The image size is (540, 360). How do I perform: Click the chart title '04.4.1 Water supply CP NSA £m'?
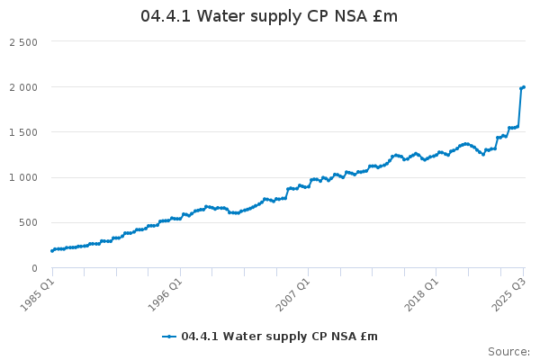pyautogui.click(x=269, y=17)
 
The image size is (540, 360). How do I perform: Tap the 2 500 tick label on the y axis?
pyautogui.click(x=23, y=42)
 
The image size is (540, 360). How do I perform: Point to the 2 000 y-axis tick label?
pyautogui.click(x=23, y=87)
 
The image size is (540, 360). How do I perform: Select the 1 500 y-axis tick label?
pyautogui.click(x=23, y=132)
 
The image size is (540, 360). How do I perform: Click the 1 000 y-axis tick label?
pyautogui.click(x=23, y=177)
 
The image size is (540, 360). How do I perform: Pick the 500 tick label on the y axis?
pyautogui.click(x=28, y=222)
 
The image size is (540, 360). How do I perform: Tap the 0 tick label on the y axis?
pyautogui.click(x=33, y=267)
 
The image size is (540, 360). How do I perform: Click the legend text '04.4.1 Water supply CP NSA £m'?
pyautogui.click(x=279, y=337)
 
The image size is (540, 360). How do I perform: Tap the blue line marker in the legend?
pyautogui.click(x=169, y=337)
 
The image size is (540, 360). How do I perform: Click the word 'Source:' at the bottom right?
pyautogui.click(x=508, y=351)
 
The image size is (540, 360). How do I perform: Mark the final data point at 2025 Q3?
pyautogui.click(x=524, y=87)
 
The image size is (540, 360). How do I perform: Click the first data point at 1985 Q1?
pyautogui.click(x=52, y=250)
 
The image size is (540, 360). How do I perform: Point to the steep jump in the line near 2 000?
pyautogui.click(x=519, y=108)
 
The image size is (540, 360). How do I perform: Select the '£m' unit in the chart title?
pyautogui.click(x=385, y=17)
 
